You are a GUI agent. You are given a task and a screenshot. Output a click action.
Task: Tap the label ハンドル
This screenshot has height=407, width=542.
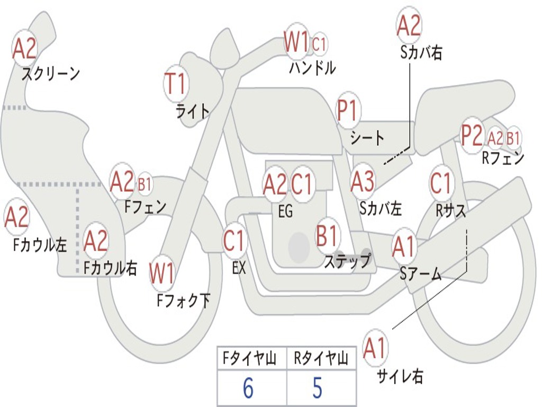(312, 68)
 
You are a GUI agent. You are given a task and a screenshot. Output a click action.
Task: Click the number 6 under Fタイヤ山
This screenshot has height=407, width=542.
(248, 388)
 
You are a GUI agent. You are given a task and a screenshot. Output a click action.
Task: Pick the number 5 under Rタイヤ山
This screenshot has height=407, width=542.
(317, 388)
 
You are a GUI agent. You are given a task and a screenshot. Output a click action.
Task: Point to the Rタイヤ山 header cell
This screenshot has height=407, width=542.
(321, 360)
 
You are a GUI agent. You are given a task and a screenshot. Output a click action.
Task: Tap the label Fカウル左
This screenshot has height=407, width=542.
(41, 244)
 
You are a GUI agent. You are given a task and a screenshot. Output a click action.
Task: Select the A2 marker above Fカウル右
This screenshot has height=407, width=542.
(96, 242)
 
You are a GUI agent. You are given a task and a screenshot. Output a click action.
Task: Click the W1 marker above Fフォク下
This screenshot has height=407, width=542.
(161, 274)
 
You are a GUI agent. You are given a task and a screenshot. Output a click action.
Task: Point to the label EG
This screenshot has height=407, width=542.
(285, 211)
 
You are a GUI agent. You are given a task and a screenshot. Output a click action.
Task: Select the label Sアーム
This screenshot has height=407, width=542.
(420, 273)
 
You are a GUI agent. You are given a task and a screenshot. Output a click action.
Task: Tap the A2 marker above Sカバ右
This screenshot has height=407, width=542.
(409, 25)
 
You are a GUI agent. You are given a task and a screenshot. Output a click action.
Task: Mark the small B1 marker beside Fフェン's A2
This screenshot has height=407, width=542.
(144, 184)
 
